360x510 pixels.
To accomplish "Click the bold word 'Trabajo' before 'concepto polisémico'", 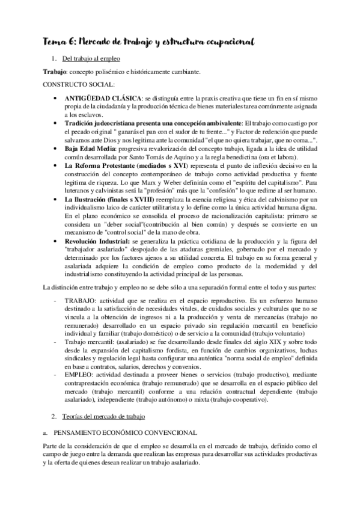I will pos(54,72).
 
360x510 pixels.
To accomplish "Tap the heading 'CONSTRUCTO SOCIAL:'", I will pos(76,85).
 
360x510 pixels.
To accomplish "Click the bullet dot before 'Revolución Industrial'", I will pos(55,240).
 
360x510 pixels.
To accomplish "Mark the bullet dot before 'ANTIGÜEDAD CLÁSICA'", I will pos(55,97).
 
